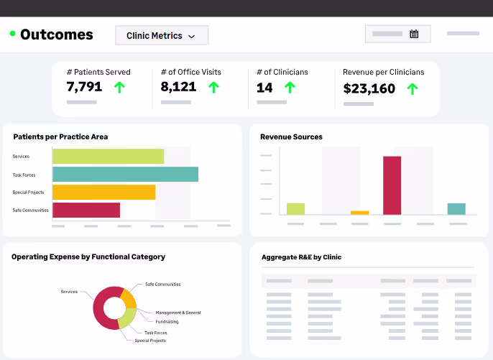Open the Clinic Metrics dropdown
[x=162, y=35]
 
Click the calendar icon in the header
[x=414, y=34]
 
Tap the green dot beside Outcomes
[x=13, y=33]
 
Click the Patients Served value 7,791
[x=84, y=87]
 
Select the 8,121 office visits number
[x=178, y=87]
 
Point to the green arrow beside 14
[x=290, y=88]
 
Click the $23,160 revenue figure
[x=369, y=88]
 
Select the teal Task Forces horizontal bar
[x=126, y=174]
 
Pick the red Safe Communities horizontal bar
[x=86, y=210]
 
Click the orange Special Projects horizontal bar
[x=104, y=192]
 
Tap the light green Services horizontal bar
[x=108, y=156]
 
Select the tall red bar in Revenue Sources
[x=392, y=185]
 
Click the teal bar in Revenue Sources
[x=456, y=209]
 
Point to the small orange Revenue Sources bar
[x=359, y=213]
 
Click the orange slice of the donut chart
[x=129, y=299]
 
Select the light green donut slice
[x=127, y=318]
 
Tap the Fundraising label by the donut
[x=167, y=322]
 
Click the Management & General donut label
[x=178, y=313]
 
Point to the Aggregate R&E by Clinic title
[x=301, y=257]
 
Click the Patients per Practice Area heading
[x=60, y=137]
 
